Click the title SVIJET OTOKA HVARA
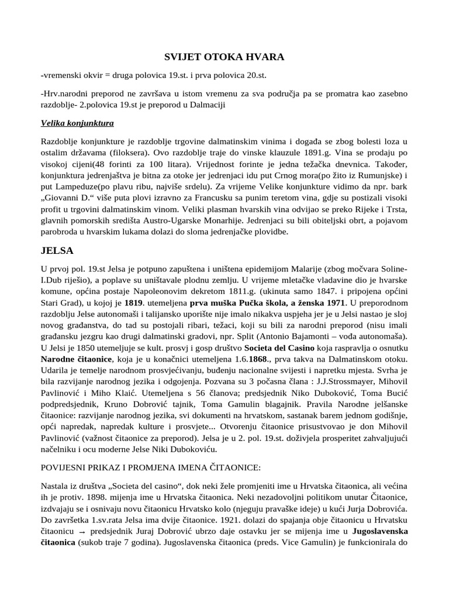(223, 57)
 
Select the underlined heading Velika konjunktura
(77, 123)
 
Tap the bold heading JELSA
(57, 250)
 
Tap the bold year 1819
(134, 303)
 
